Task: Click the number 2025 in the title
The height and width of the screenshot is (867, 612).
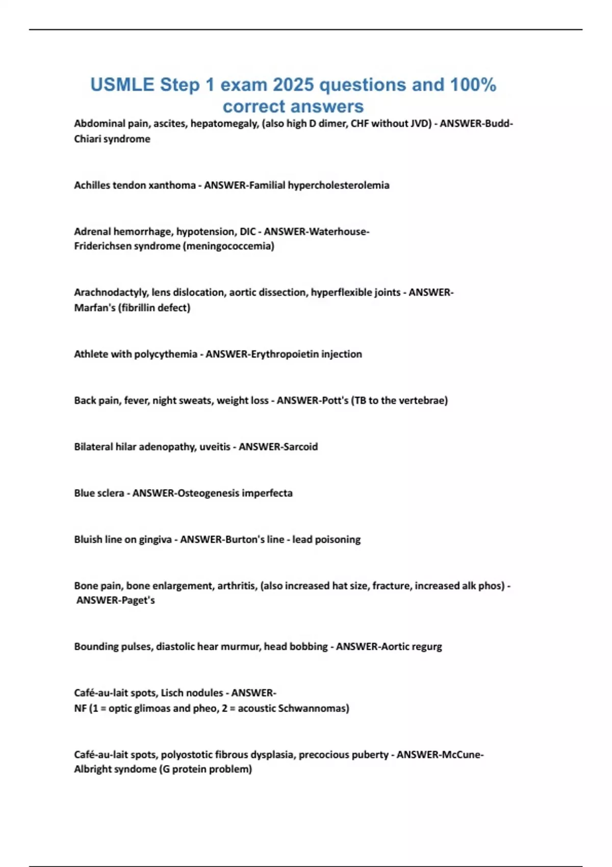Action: (293, 85)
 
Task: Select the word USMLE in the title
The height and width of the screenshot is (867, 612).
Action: (122, 85)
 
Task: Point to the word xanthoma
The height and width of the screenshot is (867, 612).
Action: (172, 185)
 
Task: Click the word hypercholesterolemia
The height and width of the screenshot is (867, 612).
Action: (338, 185)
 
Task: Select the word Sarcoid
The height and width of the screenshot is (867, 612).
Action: (300, 447)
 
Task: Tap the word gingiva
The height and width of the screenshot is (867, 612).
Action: (155, 540)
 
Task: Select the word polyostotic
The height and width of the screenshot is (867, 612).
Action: (186, 754)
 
